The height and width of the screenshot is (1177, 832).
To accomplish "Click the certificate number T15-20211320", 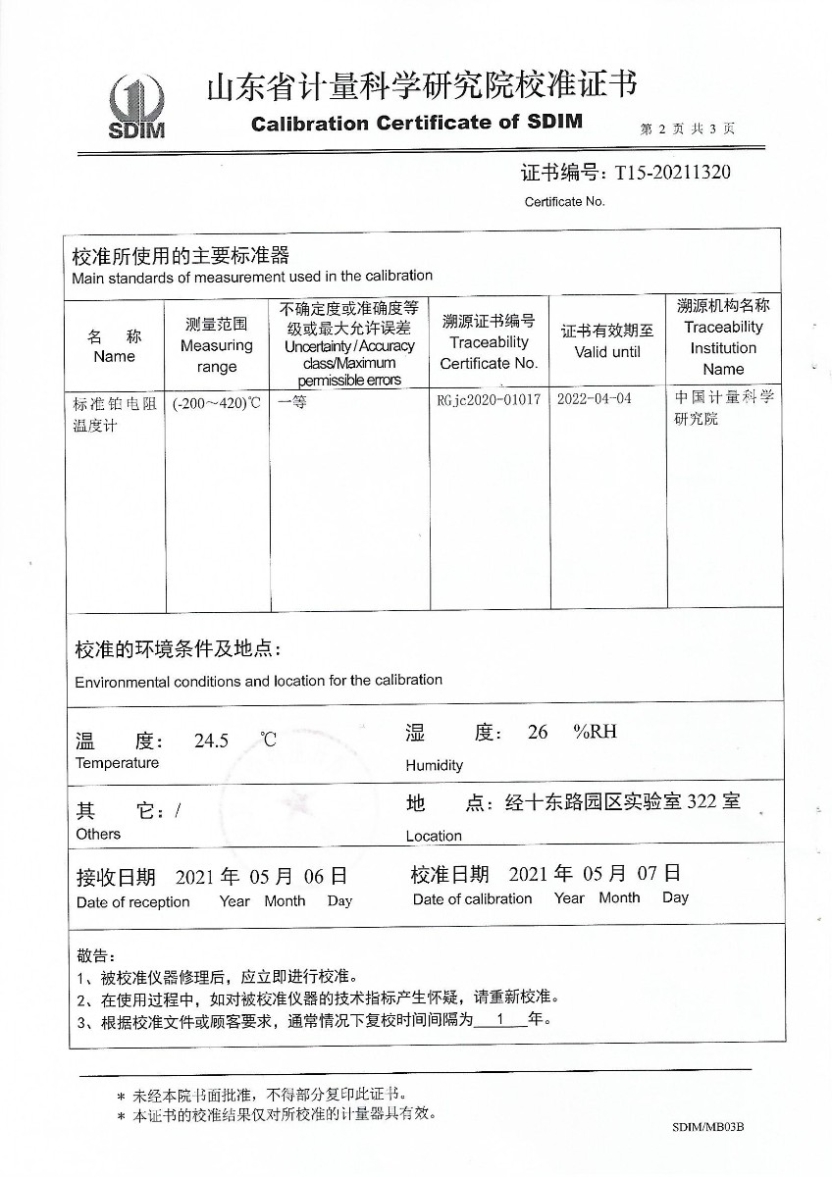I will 672,173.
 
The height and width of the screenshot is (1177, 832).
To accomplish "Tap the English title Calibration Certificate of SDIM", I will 417,123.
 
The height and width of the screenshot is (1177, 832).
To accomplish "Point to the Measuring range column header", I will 217,345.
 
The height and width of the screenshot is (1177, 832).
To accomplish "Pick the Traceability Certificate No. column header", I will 489,342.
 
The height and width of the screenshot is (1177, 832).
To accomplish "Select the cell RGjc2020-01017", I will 489,400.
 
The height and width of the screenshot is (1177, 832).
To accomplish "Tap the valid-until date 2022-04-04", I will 594,400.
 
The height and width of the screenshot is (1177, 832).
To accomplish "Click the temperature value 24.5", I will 211,742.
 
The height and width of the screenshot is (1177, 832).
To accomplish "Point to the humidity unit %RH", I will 596,732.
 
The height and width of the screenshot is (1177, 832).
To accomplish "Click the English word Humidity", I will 434,765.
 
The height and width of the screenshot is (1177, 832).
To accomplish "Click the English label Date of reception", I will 132,902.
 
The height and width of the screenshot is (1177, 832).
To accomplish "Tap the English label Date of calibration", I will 472,898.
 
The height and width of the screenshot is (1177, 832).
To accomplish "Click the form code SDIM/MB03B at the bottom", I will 708,1127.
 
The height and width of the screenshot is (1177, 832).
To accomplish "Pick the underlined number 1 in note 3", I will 499,1020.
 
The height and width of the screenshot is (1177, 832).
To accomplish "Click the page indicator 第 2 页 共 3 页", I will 687,128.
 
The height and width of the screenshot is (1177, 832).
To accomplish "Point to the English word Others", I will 98,834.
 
